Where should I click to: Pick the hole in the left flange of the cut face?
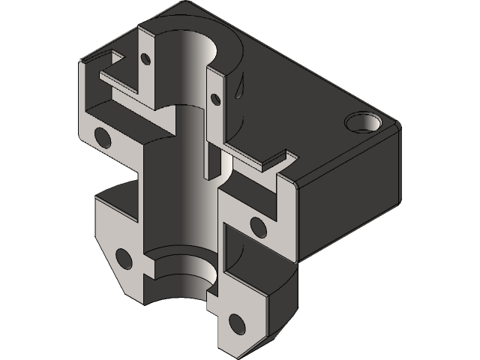[x=100, y=136]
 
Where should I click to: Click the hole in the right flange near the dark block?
[x=256, y=223]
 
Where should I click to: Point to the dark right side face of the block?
[x=352, y=202]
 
